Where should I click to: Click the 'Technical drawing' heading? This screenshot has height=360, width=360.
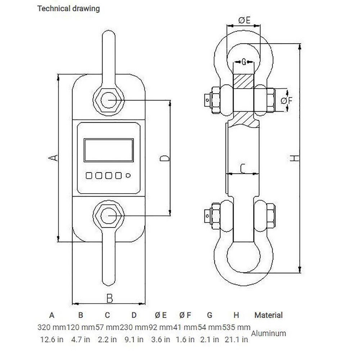(68, 9)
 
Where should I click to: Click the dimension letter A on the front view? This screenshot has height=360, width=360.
(53, 158)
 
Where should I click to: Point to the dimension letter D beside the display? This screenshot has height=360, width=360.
(165, 158)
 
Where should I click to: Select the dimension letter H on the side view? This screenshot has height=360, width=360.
(294, 158)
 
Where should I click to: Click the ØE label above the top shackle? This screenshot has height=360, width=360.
(244, 21)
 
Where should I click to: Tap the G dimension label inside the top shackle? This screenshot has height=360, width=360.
(244, 62)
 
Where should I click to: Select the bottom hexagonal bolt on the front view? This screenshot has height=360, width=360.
(109, 215)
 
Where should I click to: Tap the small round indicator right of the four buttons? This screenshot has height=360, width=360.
(129, 176)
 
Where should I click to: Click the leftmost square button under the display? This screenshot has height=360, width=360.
(89, 176)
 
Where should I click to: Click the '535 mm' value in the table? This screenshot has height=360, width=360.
(236, 328)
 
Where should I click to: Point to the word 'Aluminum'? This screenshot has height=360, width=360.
(269, 333)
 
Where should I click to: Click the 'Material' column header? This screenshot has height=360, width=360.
(269, 315)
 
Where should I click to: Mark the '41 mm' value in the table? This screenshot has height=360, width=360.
(185, 328)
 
